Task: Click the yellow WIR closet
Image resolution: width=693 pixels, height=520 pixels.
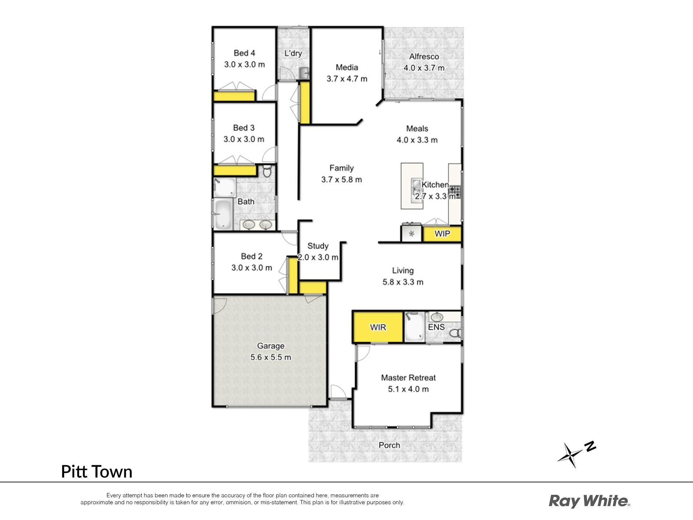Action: (378, 327)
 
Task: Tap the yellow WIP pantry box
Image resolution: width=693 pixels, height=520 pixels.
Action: (442, 234)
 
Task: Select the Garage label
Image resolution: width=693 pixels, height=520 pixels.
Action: (271, 346)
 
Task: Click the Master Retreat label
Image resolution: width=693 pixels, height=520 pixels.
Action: (408, 378)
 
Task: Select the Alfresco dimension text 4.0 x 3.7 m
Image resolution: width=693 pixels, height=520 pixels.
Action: (424, 68)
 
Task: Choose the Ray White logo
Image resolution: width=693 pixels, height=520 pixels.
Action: (589, 502)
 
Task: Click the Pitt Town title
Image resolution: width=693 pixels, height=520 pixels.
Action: (97, 472)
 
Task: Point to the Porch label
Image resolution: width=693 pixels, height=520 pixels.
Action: (389, 445)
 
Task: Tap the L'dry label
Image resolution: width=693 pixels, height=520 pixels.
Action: (293, 53)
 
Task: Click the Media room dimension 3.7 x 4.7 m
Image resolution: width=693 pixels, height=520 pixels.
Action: (347, 79)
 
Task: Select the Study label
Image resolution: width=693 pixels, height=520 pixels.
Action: (318, 246)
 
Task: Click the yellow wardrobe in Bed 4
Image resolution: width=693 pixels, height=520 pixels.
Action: (234, 96)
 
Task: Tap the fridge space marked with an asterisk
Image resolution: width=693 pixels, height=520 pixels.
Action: (411, 233)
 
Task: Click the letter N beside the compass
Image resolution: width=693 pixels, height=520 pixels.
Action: (590, 446)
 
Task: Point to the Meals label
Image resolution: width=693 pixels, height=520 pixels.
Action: (417, 129)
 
